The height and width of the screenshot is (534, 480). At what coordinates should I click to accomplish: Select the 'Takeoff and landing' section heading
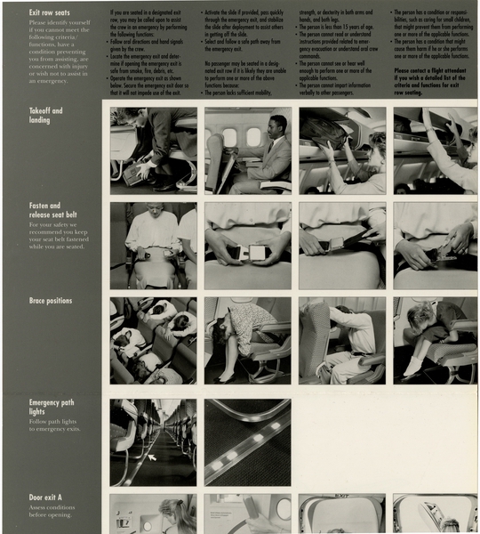45,116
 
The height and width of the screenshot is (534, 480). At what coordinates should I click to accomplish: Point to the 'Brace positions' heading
51,301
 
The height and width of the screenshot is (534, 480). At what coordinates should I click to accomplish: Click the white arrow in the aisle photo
152,457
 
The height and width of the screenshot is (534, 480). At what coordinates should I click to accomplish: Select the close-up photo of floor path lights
247,441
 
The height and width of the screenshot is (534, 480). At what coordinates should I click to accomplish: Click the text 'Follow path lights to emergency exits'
52,425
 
